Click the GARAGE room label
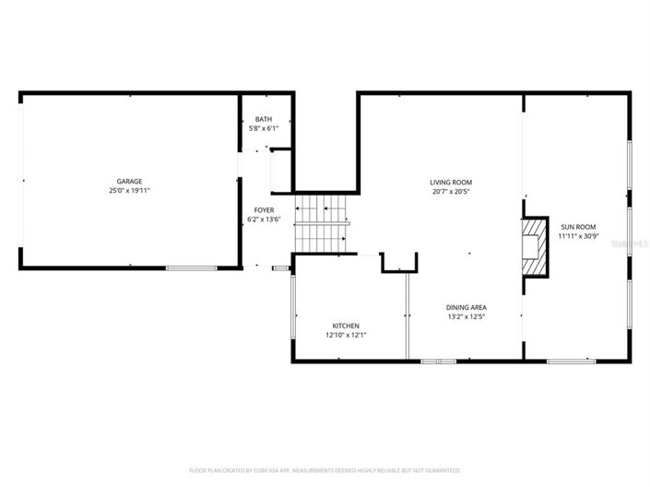point(129,181)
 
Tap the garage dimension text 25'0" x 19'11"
point(129,190)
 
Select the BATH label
point(264,119)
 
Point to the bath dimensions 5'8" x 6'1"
point(264,128)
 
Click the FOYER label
point(264,210)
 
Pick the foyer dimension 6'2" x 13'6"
point(264,220)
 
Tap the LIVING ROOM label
point(451,182)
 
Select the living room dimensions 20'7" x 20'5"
point(451,191)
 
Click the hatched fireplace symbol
point(533,247)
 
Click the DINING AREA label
point(467,307)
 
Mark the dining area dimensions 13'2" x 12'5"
point(467,316)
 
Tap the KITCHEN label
point(346,326)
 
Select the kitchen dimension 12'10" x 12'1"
point(346,335)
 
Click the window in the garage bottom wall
point(191,267)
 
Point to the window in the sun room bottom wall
point(571,361)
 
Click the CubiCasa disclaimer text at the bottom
point(325,470)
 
